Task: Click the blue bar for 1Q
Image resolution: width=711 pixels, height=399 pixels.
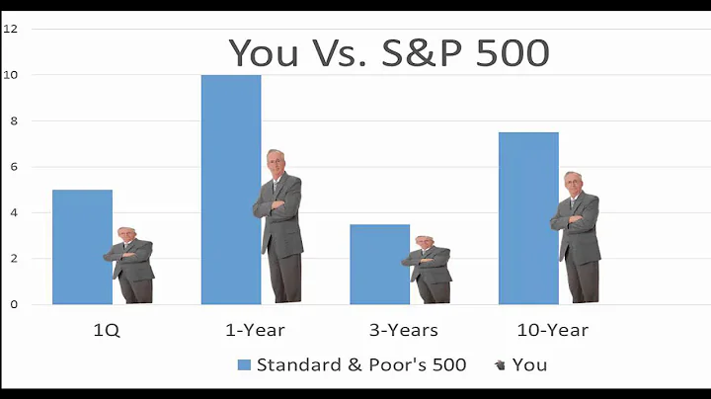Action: click(x=82, y=247)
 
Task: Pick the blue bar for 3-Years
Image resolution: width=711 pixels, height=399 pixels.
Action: click(x=379, y=264)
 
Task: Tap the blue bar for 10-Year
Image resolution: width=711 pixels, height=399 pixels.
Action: click(x=528, y=217)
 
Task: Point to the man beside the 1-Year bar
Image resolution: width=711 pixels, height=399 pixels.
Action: click(x=278, y=227)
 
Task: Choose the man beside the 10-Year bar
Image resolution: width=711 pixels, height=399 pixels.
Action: click(x=577, y=237)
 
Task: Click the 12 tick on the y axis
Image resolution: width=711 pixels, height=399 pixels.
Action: click(x=10, y=29)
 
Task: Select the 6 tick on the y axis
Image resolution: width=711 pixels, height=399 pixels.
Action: click(x=12, y=167)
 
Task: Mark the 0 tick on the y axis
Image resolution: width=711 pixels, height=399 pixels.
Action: click(x=12, y=305)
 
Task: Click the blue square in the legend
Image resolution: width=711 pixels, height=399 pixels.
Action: click(x=244, y=364)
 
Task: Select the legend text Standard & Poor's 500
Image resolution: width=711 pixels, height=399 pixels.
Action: click(x=361, y=364)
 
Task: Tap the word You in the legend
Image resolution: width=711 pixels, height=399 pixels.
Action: click(x=529, y=364)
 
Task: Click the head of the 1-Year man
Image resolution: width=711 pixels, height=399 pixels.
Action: click(x=276, y=162)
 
